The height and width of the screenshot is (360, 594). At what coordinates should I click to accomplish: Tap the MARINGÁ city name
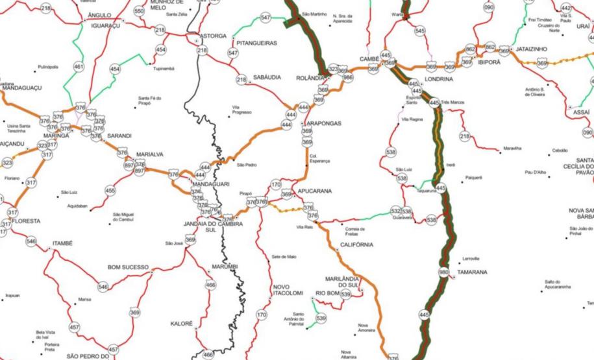point(56,136)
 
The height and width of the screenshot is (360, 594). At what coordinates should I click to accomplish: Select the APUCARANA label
point(315,191)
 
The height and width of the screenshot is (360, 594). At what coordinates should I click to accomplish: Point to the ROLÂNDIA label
point(310,78)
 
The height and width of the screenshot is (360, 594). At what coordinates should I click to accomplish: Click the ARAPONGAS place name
point(323,123)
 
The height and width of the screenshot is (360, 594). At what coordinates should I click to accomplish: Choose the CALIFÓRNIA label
point(356,245)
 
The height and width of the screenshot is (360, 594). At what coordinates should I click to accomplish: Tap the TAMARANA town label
point(472,272)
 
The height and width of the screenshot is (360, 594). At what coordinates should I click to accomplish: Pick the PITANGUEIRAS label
point(257,43)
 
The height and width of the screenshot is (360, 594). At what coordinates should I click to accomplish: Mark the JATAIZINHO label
point(532,49)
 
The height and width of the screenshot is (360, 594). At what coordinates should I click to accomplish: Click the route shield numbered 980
point(444,272)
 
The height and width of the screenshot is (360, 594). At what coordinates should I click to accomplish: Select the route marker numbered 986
point(347,77)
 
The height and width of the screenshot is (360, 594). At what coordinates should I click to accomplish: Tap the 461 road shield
point(79,66)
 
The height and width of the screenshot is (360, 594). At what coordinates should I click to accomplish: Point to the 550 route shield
point(139,11)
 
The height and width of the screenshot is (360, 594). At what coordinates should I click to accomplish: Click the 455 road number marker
point(110,191)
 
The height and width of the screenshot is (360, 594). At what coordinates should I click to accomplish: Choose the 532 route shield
point(396,211)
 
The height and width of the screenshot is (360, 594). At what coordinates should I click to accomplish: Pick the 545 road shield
point(420,30)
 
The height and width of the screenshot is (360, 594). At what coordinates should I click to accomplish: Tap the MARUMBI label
point(225,267)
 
